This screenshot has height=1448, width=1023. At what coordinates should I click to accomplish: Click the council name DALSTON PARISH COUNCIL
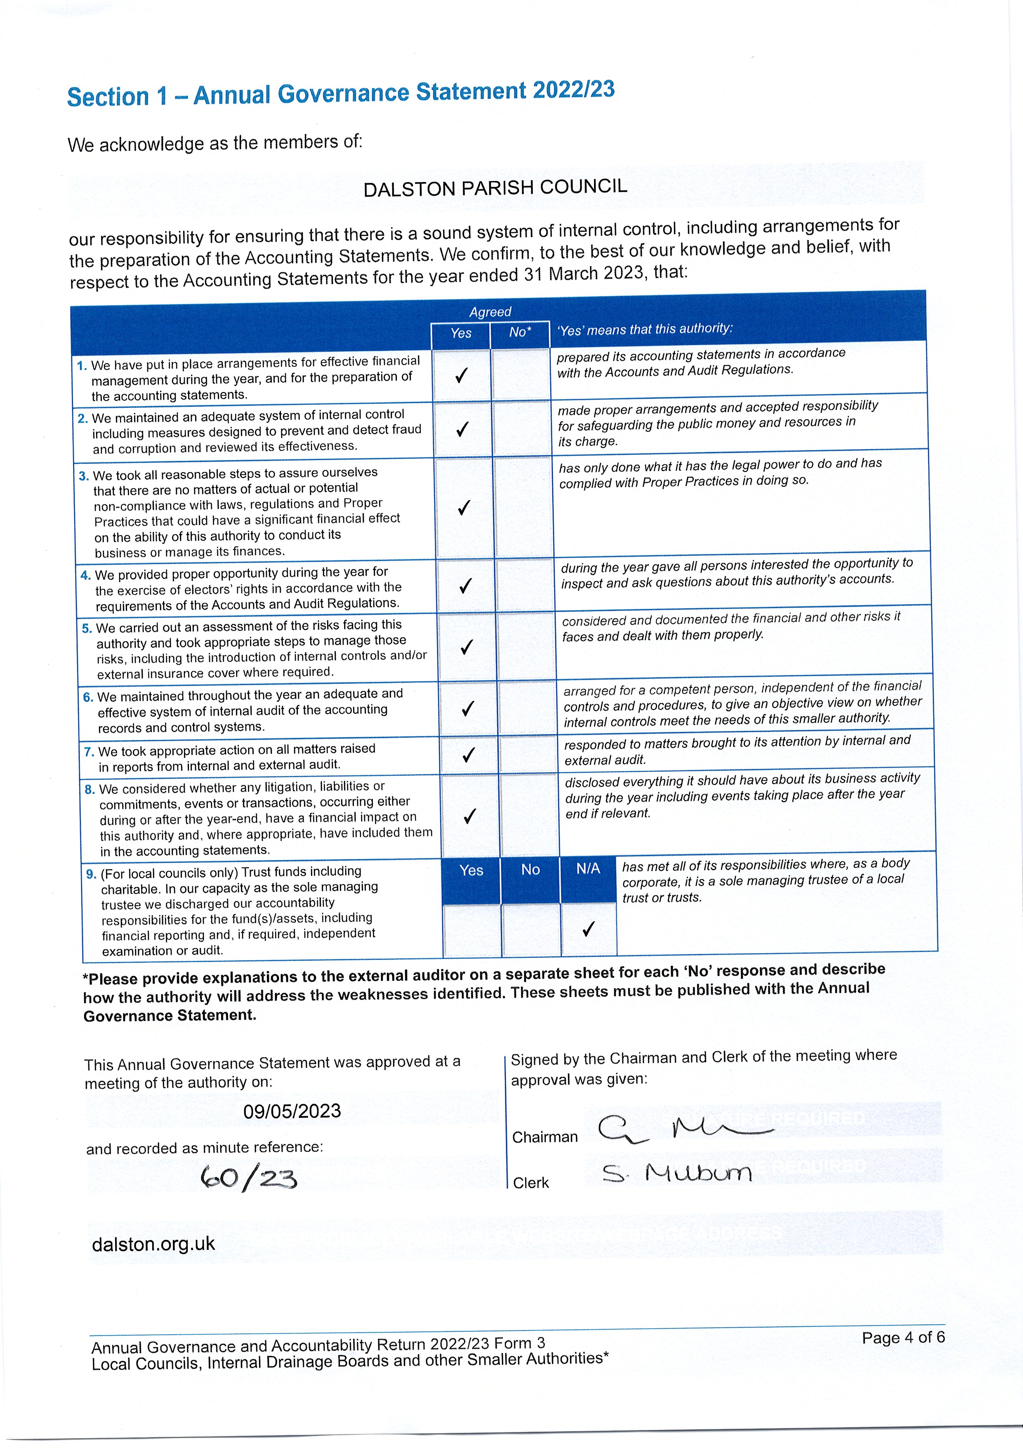(495, 187)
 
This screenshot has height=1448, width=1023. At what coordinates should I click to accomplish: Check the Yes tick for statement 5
(467, 647)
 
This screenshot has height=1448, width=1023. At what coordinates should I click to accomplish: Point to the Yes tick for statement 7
(468, 755)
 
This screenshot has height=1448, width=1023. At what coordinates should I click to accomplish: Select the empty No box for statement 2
(521, 429)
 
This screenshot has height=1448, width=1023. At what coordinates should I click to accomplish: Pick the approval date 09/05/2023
(292, 1111)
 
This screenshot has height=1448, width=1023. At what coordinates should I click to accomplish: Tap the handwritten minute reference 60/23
(248, 1177)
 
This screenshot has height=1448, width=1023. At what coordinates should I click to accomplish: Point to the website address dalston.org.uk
(153, 1244)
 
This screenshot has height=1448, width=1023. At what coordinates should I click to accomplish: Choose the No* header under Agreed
(520, 332)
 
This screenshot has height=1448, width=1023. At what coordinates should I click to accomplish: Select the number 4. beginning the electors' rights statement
(86, 575)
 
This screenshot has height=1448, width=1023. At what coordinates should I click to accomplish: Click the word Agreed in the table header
(490, 312)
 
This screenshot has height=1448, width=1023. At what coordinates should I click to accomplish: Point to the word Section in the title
(108, 97)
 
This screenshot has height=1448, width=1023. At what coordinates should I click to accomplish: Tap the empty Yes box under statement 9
(471, 930)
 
